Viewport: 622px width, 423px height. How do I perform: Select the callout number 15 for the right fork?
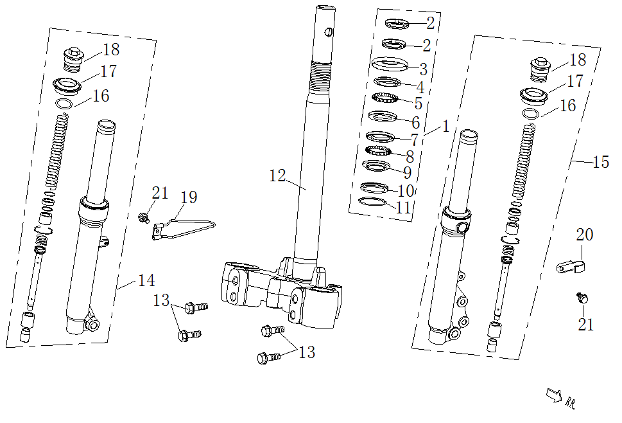tap(600, 162)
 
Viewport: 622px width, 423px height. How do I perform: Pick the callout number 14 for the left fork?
tap(146, 280)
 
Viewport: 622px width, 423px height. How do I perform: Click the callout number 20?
tap(584, 235)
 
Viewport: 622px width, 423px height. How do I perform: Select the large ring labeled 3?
tap(390, 65)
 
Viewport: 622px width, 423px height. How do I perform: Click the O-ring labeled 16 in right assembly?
tap(530, 114)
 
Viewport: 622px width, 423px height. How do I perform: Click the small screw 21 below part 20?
tap(583, 297)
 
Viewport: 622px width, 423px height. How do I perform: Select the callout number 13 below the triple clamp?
tap(307, 352)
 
